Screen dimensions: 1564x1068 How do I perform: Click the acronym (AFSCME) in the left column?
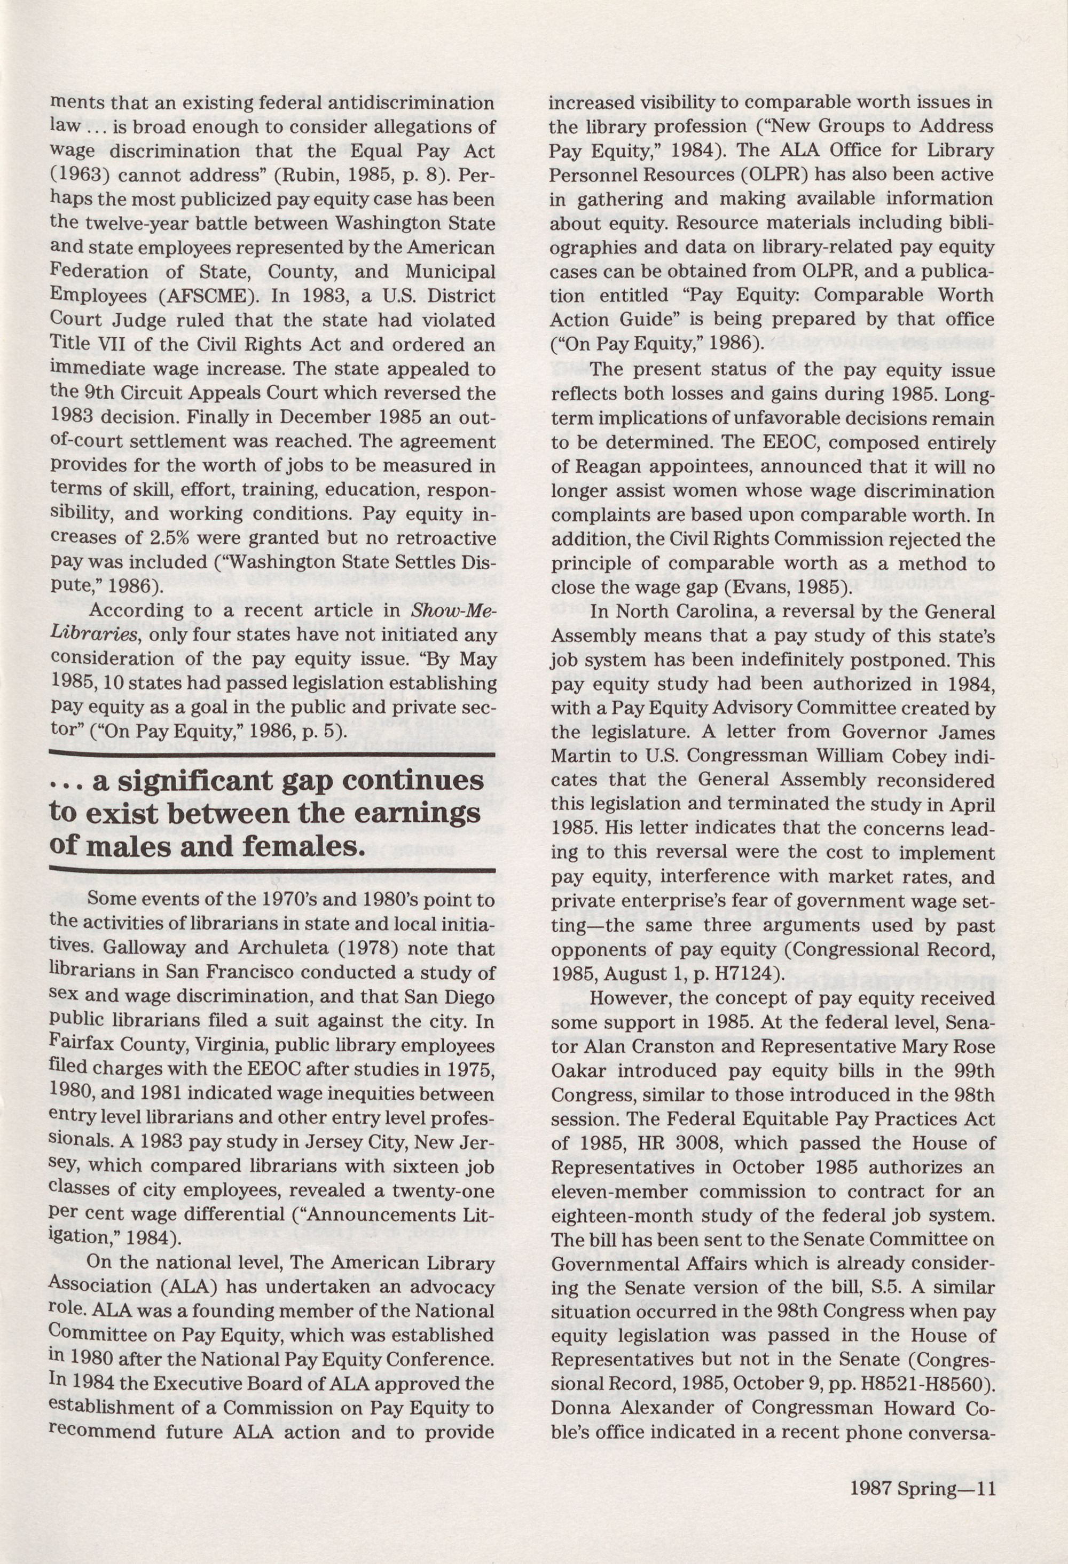click(207, 297)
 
